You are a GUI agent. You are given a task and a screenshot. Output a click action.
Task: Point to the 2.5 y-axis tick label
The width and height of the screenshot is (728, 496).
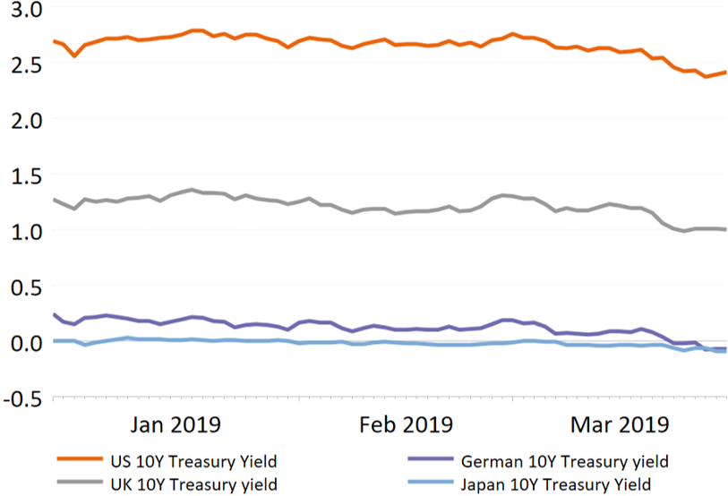(x=23, y=64)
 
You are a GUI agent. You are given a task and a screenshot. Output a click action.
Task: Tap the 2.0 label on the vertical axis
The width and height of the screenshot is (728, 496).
(x=23, y=119)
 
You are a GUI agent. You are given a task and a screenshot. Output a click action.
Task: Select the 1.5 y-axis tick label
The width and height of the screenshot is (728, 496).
(x=23, y=175)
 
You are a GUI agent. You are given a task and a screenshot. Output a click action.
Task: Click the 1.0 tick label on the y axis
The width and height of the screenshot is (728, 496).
(x=23, y=231)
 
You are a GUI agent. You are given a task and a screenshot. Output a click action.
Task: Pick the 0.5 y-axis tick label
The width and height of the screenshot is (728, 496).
(x=23, y=286)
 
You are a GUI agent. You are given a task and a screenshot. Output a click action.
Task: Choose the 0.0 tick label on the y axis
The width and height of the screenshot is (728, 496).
(x=23, y=343)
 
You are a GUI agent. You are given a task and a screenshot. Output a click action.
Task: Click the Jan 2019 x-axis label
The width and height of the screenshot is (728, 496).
(x=176, y=423)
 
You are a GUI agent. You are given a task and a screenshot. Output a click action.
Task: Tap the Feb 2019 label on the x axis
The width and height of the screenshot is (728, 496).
(x=407, y=423)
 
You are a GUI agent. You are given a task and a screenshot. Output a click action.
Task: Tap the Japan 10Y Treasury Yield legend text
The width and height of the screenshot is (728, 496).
(x=561, y=484)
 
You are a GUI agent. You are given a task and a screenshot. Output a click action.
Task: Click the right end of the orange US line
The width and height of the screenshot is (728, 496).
(x=724, y=73)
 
